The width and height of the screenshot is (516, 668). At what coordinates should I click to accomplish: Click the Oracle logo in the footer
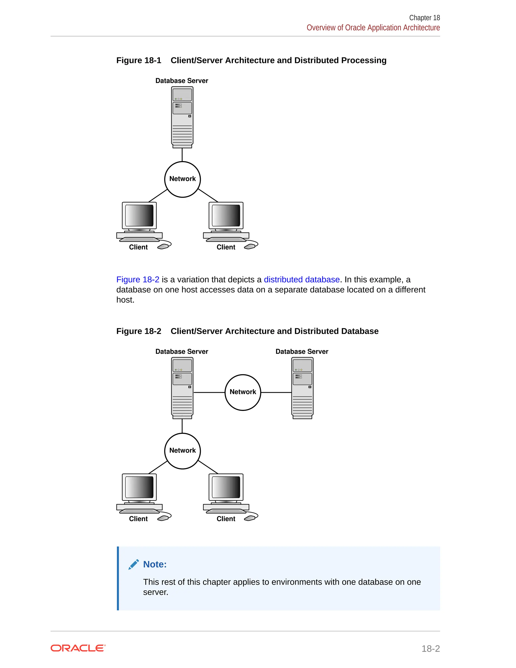[x=78, y=648]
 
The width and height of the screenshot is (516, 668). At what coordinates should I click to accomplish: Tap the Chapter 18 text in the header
[x=424, y=18]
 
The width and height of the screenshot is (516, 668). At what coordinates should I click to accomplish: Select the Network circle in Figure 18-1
[x=182, y=179]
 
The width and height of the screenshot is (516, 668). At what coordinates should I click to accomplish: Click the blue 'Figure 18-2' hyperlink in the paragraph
[x=138, y=280]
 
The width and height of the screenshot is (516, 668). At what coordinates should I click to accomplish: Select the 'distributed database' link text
[x=302, y=280]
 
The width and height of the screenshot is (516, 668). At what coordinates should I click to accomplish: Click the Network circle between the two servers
[x=243, y=392]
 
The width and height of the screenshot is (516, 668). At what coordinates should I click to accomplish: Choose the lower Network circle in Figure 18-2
[x=182, y=451]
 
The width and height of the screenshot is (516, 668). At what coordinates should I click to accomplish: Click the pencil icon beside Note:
[x=134, y=564]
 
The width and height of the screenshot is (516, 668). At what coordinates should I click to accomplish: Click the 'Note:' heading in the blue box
[x=155, y=564]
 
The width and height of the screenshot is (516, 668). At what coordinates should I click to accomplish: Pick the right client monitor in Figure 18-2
[x=226, y=487]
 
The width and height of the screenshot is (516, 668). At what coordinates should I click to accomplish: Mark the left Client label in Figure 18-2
[x=138, y=519]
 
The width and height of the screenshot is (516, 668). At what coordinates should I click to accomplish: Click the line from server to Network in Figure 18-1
[x=182, y=155]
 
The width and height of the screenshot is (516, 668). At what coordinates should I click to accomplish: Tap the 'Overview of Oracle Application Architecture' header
[x=373, y=27]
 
